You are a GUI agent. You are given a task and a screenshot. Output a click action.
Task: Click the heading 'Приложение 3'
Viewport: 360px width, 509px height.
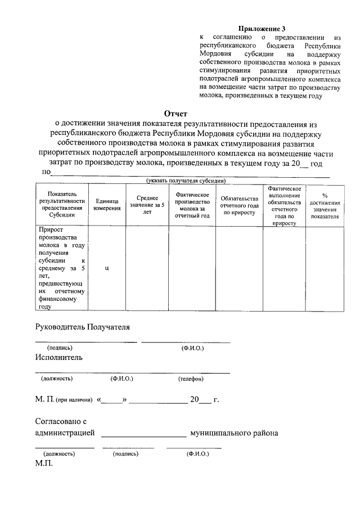pos(262,28)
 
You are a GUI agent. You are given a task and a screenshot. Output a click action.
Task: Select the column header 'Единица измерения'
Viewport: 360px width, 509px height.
pos(107,205)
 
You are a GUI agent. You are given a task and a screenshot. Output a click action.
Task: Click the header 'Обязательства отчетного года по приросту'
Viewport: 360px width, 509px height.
pos(239,205)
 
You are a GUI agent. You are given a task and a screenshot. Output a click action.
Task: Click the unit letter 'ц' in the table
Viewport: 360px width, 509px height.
pos(107,268)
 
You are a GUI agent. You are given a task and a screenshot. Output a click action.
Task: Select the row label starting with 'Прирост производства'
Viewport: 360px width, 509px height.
pos(62,268)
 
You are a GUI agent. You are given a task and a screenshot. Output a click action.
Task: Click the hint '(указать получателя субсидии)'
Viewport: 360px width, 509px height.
pos(186,181)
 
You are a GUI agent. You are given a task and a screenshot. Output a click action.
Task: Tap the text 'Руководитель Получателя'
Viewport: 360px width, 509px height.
pos(83,326)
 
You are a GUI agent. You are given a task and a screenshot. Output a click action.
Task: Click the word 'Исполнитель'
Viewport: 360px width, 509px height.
pos(58,357)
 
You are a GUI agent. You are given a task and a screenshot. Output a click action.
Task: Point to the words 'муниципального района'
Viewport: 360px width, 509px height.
pos(234,433)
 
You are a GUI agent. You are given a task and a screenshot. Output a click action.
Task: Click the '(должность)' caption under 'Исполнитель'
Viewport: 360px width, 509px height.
pos(57,379)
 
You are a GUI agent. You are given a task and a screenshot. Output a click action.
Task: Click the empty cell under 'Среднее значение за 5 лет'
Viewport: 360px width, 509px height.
pos(147,268)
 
